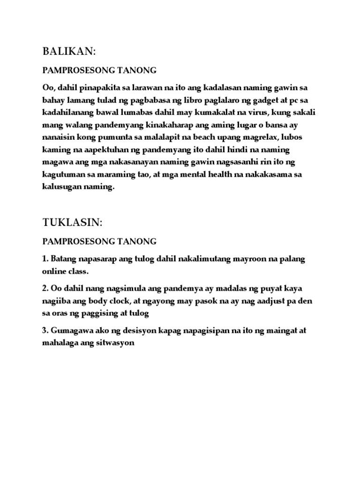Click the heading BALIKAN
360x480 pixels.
point(72,51)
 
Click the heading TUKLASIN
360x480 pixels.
point(72,223)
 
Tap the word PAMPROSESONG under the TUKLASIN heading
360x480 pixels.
point(78,241)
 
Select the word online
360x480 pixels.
point(54,271)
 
